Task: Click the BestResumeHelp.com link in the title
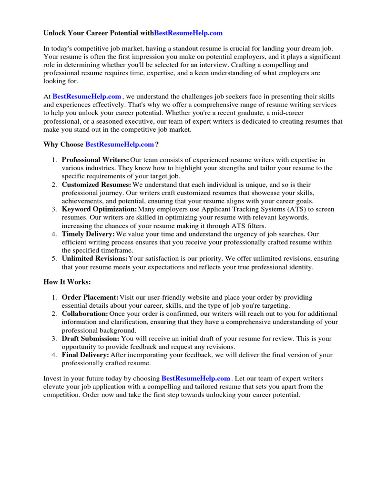[188, 33]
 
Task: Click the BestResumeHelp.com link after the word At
[87, 96]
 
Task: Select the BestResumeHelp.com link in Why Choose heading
[120, 144]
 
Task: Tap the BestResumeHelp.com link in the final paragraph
[196, 379]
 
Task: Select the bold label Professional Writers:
[95, 160]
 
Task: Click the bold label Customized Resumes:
[96, 185]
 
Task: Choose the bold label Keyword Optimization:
[99, 209]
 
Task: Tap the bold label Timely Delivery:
[88, 234]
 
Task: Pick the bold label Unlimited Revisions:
[95, 259]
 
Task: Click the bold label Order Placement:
[90, 298]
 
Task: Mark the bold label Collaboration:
[85, 314]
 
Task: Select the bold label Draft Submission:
[91, 339]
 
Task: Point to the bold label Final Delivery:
[85, 355]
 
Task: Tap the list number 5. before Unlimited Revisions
[54, 259]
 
